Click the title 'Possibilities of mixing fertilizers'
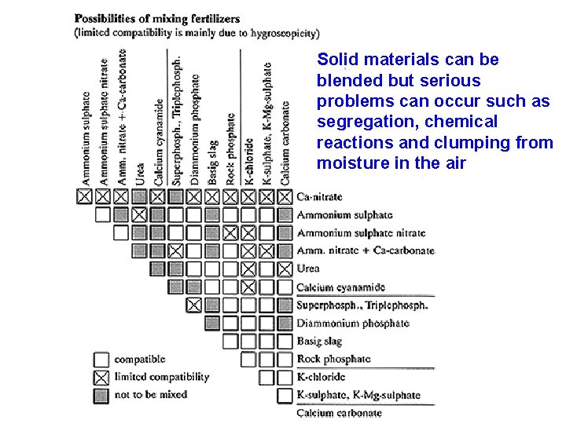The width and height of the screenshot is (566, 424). click(x=168, y=17)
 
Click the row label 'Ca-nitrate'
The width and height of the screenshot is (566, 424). click(x=319, y=196)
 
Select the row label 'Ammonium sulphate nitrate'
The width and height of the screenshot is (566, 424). click(x=361, y=233)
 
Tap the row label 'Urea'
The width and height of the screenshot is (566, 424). click(x=308, y=269)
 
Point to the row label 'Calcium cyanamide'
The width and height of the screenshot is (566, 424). click(x=340, y=287)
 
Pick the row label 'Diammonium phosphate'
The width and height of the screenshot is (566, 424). click(x=353, y=323)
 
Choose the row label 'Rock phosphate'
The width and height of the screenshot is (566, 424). click(x=333, y=359)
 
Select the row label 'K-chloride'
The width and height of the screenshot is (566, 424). click(x=321, y=377)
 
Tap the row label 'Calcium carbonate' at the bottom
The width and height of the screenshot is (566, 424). click(x=339, y=413)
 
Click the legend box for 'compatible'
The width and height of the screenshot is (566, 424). click(x=101, y=359)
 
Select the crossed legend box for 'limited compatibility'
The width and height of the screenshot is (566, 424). click(x=101, y=377)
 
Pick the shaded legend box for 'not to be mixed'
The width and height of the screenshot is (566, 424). click(x=101, y=395)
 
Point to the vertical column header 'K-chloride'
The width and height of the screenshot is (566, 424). click(x=248, y=162)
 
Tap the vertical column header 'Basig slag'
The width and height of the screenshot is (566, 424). click(x=212, y=163)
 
